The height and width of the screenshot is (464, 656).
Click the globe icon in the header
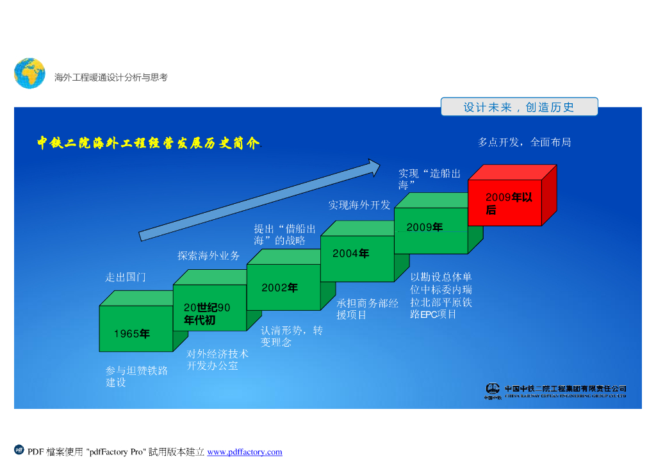(x=29, y=73)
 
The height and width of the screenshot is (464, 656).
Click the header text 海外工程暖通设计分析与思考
(x=111, y=78)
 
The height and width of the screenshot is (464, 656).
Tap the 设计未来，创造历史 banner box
(x=519, y=107)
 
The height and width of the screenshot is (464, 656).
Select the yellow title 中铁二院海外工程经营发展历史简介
(x=148, y=143)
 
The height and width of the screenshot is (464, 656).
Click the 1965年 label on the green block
(x=132, y=334)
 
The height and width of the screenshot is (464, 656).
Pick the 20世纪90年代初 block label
(x=207, y=314)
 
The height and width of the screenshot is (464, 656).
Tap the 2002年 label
(x=279, y=288)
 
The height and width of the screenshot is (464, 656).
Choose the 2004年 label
(x=350, y=254)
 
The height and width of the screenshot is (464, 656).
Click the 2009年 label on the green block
(x=424, y=228)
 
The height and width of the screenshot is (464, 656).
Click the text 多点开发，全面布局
(x=524, y=142)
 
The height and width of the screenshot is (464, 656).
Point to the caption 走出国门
(x=126, y=278)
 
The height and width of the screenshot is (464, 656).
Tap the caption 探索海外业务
(x=208, y=256)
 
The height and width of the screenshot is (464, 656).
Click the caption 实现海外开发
(x=359, y=205)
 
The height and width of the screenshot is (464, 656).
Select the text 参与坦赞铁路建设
(x=136, y=376)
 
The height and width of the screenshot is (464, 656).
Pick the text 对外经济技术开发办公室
(x=217, y=360)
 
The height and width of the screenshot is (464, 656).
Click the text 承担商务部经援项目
(x=367, y=309)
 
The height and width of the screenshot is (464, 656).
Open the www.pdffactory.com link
(x=245, y=452)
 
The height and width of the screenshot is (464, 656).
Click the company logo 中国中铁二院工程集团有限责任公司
(x=555, y=391)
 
